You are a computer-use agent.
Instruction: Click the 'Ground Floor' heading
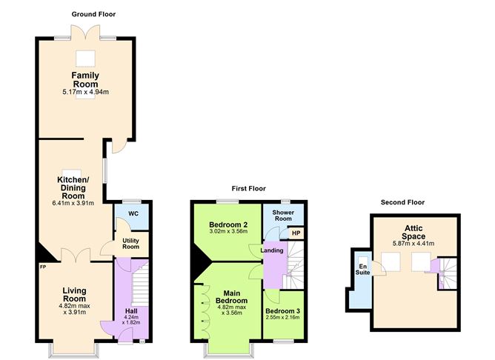(x=93, y=14)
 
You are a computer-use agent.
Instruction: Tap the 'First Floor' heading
(x=247, y=189)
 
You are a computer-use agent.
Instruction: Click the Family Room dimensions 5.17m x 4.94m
(x=86, y=92)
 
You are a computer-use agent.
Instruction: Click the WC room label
(x=133, y=214)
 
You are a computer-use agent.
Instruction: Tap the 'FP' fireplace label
(x=44, y=266)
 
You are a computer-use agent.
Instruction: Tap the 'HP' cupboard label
(x=296, y=234)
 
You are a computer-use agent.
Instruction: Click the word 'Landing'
(x=273, y=250)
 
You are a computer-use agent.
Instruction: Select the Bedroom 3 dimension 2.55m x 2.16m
(x=282, y=318)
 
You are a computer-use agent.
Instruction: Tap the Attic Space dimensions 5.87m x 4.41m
(x=414, y=243)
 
